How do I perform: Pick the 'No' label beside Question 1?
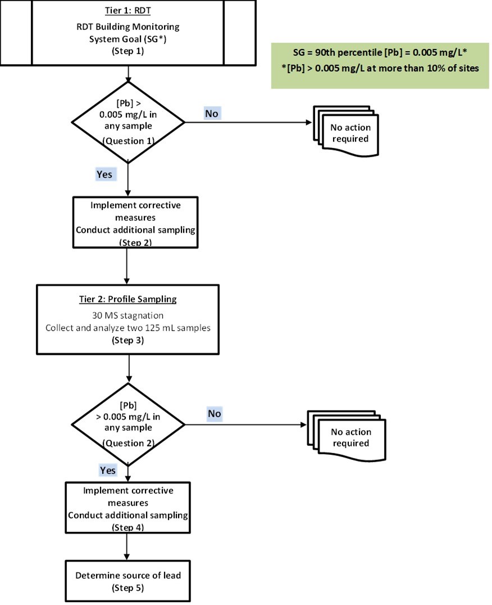coord(212,113)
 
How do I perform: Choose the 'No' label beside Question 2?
coord(215,414)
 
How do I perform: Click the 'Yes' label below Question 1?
coord(104,174)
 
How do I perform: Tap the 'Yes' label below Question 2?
coord(108,469)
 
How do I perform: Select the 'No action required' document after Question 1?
coord(345,133)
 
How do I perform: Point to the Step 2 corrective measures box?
coord(129,222)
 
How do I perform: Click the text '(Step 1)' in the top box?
coord(129,49)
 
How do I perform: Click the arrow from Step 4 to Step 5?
coord(129,547)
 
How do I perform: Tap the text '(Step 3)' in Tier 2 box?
coord(129,341)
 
